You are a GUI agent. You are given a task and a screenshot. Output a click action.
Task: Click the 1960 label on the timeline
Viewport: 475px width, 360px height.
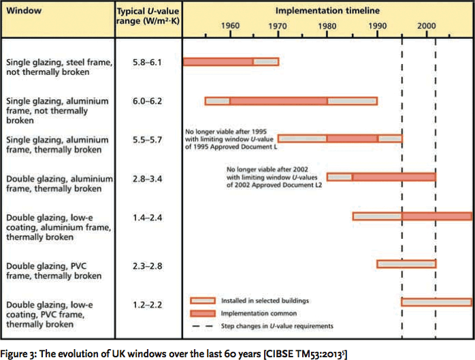coord(231,25)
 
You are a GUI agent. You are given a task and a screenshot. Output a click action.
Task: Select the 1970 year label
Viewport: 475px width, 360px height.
coord(279,25)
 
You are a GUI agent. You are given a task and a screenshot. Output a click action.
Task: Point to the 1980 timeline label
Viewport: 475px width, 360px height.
coord(327,25)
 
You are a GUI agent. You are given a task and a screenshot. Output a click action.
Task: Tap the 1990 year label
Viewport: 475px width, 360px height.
coord(377,25)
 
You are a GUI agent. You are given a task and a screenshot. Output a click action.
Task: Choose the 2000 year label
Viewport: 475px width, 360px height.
coord(427,25)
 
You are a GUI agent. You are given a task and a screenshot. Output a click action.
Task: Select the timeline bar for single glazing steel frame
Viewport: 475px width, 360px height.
coord(231,62)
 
